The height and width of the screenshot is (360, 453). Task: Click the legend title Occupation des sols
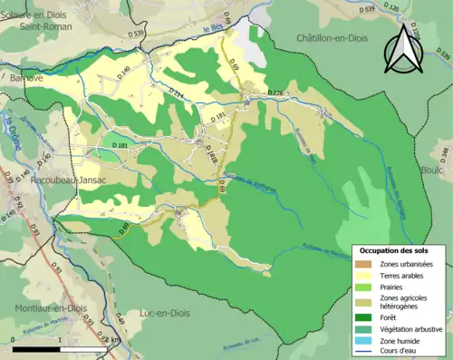tap(397, 249)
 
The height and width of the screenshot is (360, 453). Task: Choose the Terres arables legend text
tap(404, 274)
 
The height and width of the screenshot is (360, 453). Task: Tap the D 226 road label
tap(277, 93)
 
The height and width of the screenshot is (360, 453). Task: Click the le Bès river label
tap(213, 30)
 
